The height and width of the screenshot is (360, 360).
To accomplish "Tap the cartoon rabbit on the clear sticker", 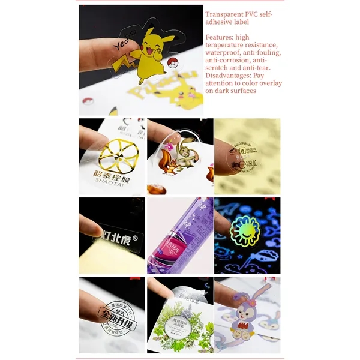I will (184, 152).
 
